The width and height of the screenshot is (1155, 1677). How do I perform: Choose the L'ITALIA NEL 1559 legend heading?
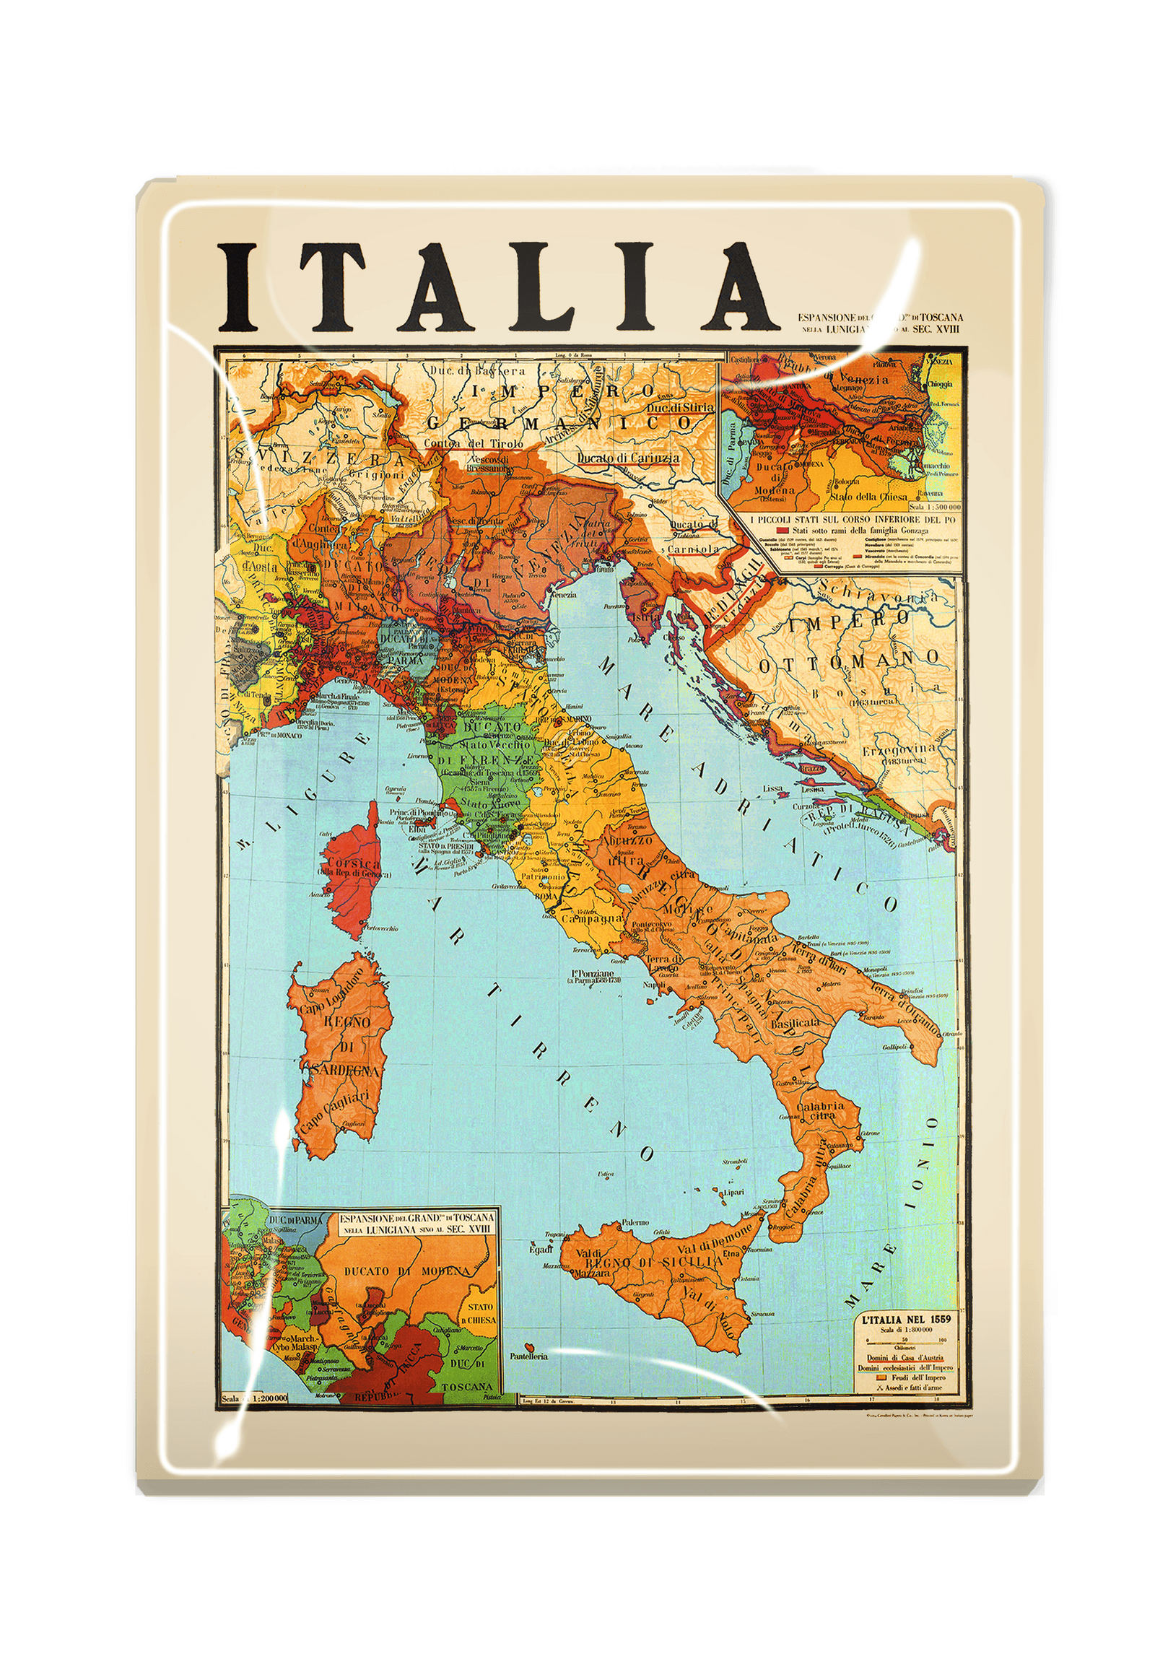click(x=905, y=1320)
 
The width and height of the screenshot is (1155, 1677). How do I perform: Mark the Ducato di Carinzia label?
click(x=628, y=458)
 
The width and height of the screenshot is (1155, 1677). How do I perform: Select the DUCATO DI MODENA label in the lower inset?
click(x=408, y=1271)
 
